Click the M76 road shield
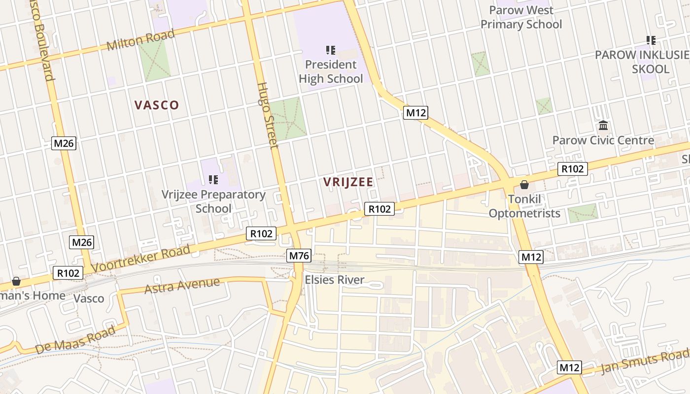(299, 256)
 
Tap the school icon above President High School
(331, 50)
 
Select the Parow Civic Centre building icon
(603, 125)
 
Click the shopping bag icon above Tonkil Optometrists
(524, 185)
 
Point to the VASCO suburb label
(157, 105)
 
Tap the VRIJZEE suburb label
(348, 182)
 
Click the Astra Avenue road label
(182, 285)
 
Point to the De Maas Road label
(75, 339)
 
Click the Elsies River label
(335, 280)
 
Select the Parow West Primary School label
(521, 17)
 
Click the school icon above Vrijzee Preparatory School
(213, 179)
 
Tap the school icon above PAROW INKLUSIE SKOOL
(651, 40)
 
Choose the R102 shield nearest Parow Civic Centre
(573, 169)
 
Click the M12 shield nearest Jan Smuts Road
(570, 367)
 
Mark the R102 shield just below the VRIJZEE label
(379, 209)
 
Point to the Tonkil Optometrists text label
(524, 207)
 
